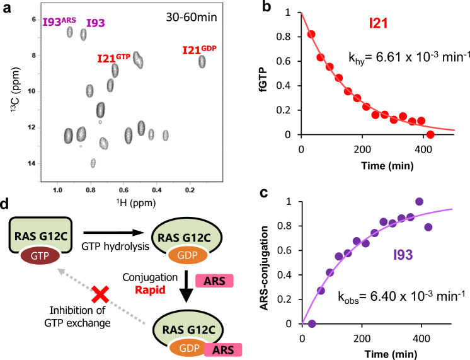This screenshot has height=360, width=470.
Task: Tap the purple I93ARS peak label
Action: (59, 23)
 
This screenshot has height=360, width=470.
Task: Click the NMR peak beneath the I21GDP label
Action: (202, 61)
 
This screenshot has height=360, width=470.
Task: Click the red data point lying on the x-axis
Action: (430, 134)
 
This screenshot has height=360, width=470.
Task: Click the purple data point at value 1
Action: (419, 201)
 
